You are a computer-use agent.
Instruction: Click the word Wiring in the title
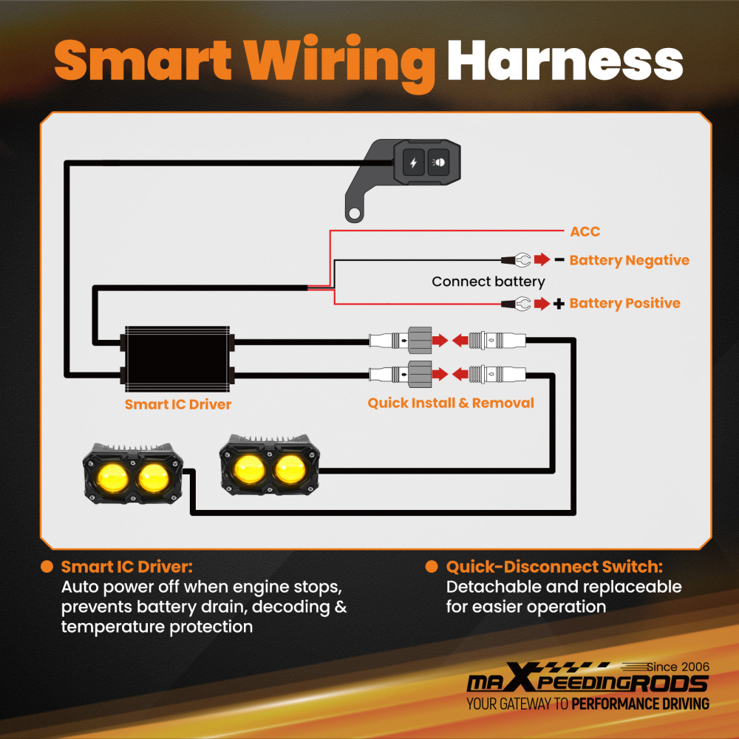339,63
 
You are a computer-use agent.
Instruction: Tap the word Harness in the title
565,61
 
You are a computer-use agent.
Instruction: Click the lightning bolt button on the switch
413,163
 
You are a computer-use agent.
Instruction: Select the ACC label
585,231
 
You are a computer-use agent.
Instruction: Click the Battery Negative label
629,260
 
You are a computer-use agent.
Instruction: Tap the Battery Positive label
624,303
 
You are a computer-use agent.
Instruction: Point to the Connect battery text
488,282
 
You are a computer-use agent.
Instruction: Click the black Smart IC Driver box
177,358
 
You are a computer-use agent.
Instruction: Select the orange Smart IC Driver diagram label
177,404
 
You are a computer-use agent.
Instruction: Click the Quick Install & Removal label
451,403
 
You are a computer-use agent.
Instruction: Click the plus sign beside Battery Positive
559,304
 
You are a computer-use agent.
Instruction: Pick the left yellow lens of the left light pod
112,478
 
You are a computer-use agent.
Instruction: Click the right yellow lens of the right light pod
290,469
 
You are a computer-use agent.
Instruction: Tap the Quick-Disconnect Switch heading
554,567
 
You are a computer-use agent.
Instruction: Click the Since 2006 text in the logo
678,667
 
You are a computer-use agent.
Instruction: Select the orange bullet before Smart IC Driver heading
47,567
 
